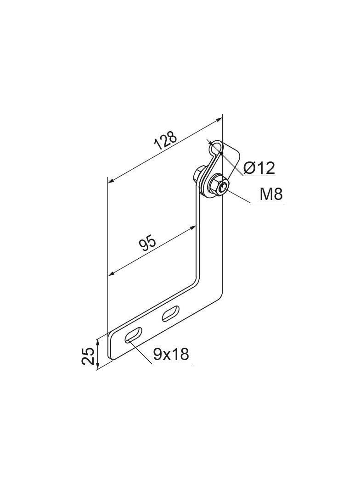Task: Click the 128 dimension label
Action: point(166,141)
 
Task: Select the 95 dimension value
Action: point(147,244)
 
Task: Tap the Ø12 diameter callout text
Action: point(259,168)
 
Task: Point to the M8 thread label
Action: point(271,194)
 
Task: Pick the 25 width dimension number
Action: point(88,356)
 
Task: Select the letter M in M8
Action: point(266,194)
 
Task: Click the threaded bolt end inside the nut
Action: point(222,188)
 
